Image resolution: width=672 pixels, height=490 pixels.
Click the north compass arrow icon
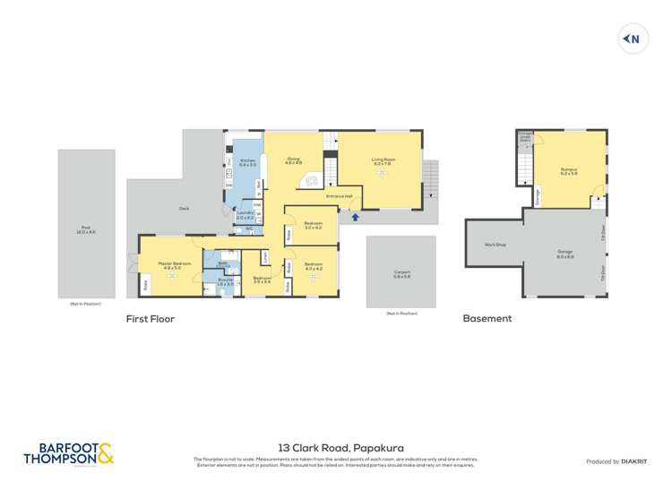coord(633,39)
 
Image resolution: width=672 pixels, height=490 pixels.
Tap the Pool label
coord(87,230)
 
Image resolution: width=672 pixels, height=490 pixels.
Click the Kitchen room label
coord(247,162)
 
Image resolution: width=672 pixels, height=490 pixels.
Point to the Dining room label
coord(293,160)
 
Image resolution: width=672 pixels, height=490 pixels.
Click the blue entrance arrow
coord(356,216)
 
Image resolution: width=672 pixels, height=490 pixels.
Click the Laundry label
coord(246,215)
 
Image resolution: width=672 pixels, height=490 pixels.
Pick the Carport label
coord(401,274)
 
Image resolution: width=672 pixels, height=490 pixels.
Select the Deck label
coord(184,208)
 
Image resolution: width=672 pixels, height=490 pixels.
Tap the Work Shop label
coord(495,244)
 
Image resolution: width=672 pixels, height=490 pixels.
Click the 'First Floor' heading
coord(150,318)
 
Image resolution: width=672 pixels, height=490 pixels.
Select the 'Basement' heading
coord(487,318)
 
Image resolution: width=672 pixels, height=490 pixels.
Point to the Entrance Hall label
coord(340,195)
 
